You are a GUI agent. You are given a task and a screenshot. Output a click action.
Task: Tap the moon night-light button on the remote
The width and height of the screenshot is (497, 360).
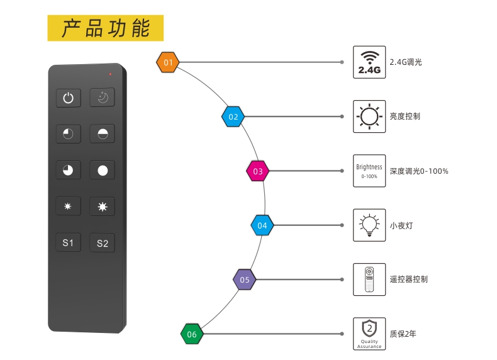pyautogui.click(x=102, y=98)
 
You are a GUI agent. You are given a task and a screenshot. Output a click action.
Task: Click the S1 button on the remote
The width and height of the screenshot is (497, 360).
pyautogui.click(x=68, y=243)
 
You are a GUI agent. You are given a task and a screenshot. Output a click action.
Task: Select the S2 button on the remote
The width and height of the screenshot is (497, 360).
pyautogui.click(x=102, y=243)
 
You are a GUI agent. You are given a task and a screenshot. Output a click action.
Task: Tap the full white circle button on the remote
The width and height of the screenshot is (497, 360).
pyautogui.click(x=102, y=170)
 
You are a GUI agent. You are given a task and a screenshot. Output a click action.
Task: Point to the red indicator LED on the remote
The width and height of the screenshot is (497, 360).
pyautogui.click(x=110, y=74)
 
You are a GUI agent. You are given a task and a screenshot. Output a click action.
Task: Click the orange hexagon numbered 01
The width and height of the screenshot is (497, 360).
pyautogui.click(x=168, y=62)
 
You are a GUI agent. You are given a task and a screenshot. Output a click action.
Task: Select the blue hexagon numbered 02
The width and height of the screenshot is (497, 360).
pyautogui.click(x=233, y=116)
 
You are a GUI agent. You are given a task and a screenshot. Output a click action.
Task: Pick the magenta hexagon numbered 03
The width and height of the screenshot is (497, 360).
pyautogui.click(x=257, y=171)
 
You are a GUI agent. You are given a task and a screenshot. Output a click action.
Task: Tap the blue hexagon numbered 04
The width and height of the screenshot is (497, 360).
pyautogui.click(x=262, y=225)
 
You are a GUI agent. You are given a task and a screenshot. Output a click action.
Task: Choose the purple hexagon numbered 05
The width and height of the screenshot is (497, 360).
pyautogui.click(x=245, y=279)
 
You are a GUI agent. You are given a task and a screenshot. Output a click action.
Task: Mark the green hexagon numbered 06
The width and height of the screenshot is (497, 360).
pyautogui.click(x=192, y=334)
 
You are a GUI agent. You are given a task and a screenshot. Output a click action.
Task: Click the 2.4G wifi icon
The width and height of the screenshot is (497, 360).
pyautogui.click(x=369, y=62)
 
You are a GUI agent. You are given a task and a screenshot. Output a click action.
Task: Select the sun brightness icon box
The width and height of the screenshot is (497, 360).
pyautogui.click(x=369, y=116)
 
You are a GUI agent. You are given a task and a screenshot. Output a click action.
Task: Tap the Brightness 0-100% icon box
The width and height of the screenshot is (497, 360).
pyautogui.click(x=369, y=171)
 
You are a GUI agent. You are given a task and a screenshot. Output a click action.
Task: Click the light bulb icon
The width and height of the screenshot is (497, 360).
pyautogui.click(x=369, y=225)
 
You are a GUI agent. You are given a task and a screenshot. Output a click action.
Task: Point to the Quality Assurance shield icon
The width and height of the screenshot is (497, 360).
pyautogui.click(x=369, y=334)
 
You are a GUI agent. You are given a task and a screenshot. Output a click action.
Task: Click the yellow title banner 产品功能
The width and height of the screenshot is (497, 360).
pyautogui.click(x=106, y=28)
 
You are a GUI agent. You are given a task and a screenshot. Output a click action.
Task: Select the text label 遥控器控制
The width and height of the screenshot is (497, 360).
pyautogui.click(x=408, y=279)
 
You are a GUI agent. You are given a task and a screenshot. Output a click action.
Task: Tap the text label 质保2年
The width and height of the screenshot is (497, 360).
pyautogui.click(x=403, y=334)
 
